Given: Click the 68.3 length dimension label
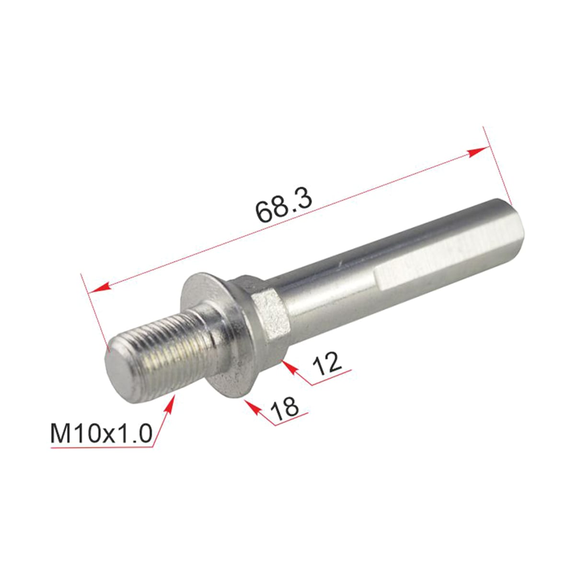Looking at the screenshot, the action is click(284, 208).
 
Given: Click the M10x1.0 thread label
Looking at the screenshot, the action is click(102, 434).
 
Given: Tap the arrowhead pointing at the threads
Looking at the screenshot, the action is click(169, 404).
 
